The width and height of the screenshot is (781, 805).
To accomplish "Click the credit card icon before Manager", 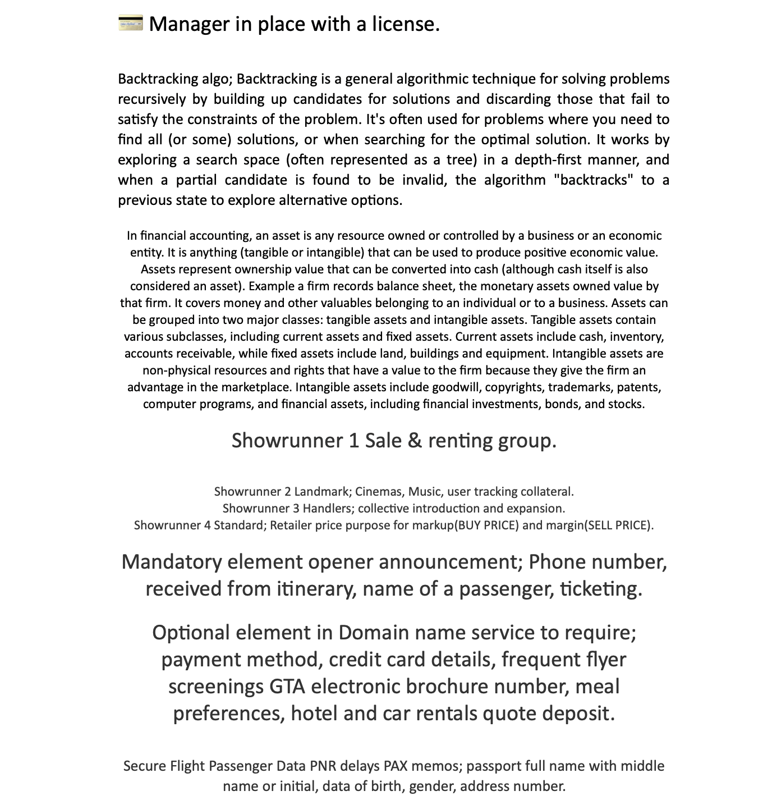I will tap(131, 24).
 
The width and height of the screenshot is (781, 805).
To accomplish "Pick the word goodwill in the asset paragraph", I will tap(456, 387).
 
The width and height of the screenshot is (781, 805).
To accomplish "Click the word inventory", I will tap(636, 337).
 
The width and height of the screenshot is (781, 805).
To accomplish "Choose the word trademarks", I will tap(579, 387).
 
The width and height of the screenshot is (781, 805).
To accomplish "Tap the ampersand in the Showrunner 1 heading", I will tap(415, 441).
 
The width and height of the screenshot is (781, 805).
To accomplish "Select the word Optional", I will tap(191, 633).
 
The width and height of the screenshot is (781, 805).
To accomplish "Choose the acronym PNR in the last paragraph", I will tap(321, 766).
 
